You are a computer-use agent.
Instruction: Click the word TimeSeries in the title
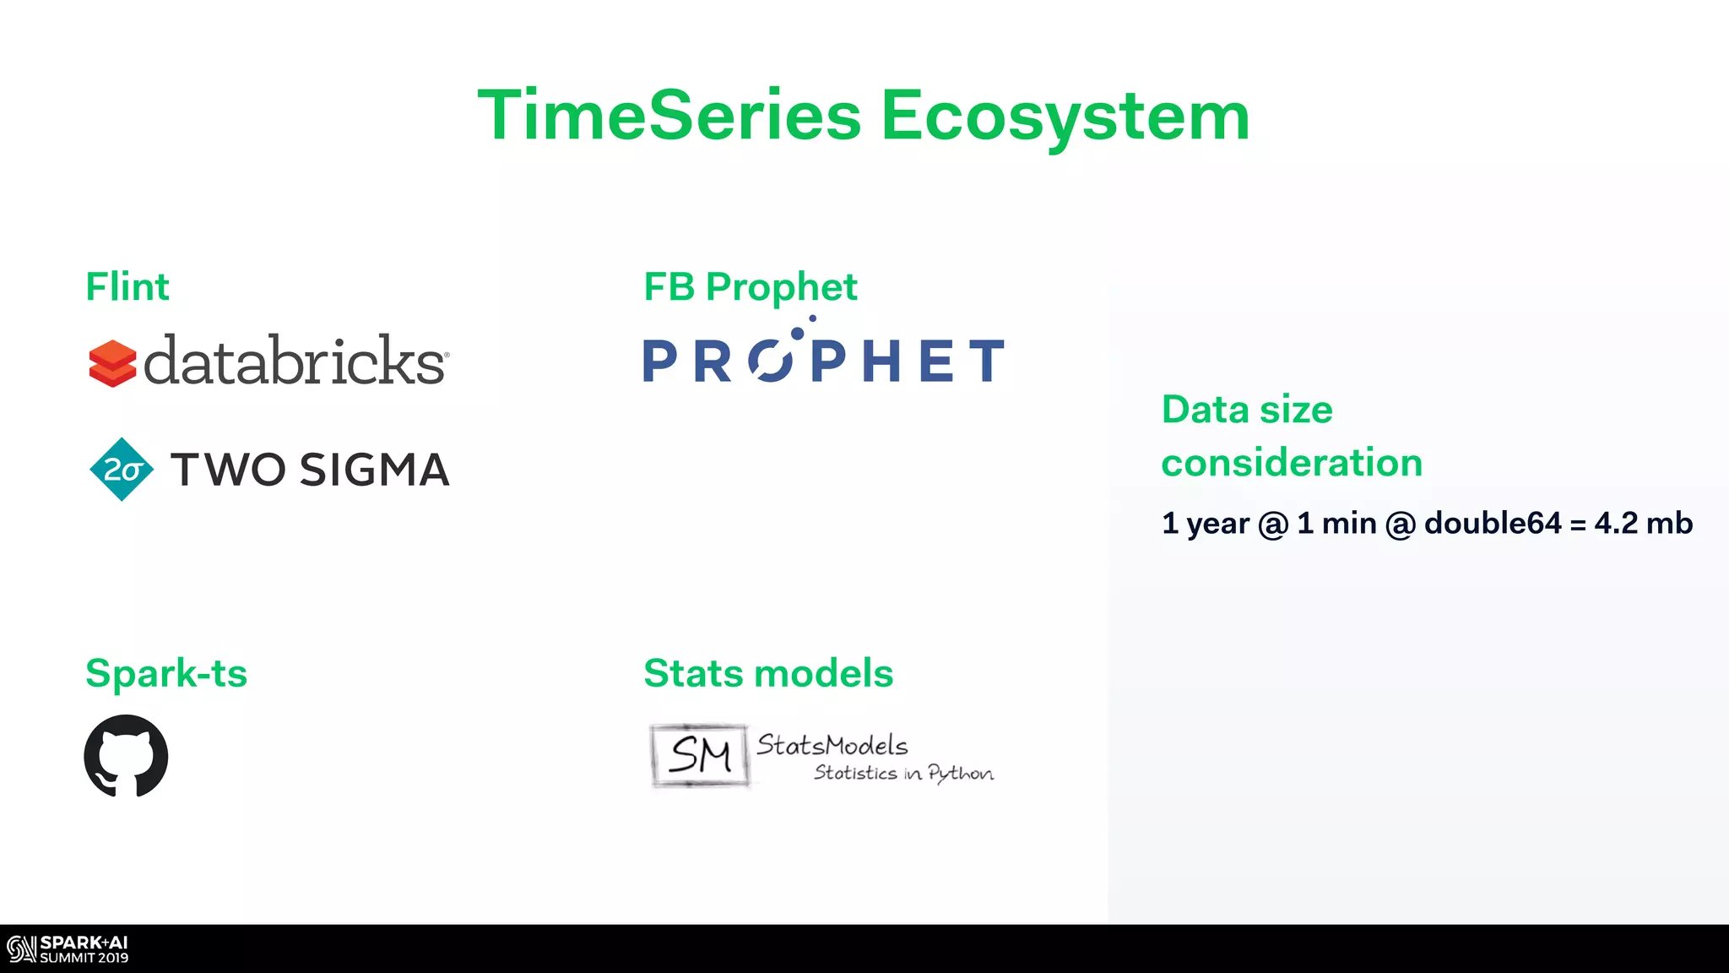[669, 116]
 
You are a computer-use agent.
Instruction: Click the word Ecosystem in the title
[1065, 117]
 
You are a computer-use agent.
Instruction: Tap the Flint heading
[127, 287]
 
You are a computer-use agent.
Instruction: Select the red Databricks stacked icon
[112, 363]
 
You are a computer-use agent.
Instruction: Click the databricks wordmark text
[295, 361]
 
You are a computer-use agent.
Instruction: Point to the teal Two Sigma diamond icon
[122, 470]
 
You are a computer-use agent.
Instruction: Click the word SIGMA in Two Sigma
[374, 470]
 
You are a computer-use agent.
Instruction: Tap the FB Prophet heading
[750, 287]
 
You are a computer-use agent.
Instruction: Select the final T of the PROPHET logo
[986, 361]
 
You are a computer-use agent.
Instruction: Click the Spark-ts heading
[166, 673]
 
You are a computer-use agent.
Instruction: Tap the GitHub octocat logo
[126, 756]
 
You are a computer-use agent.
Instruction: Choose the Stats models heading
[768, 673]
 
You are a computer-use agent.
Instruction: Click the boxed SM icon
[699, 755]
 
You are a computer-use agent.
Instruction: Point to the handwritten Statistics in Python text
[903, 773]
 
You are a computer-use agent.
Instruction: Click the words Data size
[1247, 410]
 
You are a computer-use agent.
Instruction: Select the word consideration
[1292, 463]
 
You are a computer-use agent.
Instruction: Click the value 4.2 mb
[1643, 524]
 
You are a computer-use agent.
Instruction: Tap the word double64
[1493, 524]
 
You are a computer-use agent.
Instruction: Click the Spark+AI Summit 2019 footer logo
[68, 949]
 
